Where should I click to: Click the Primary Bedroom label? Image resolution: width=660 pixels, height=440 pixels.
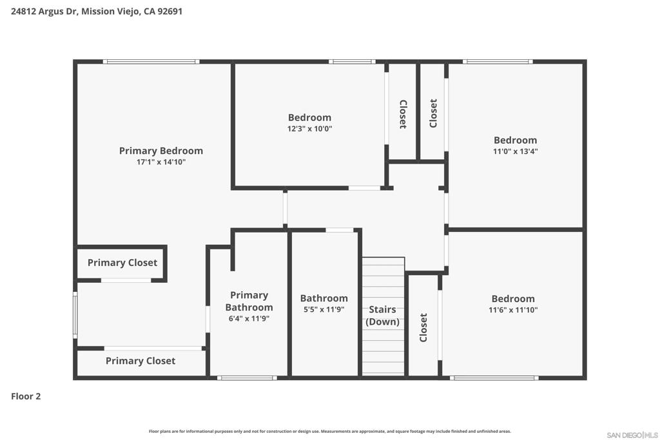coord(160,151)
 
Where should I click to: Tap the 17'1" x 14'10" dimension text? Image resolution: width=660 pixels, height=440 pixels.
coord(160,162)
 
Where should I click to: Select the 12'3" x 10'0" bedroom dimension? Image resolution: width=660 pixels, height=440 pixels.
coord(309,129)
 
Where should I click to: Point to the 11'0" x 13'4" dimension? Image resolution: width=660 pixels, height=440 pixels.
coord(515,151)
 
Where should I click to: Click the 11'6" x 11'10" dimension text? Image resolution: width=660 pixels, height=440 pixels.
coord(513,310)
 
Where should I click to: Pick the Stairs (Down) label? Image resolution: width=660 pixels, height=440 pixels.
coord(382,316)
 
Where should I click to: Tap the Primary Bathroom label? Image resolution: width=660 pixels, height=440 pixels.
coord(249,301)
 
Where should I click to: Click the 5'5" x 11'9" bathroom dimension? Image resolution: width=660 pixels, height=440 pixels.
coord(324,310)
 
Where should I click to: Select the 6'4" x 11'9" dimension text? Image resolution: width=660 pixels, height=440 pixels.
coord(249,319)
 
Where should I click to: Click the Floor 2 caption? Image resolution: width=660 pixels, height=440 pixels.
coord(26,396)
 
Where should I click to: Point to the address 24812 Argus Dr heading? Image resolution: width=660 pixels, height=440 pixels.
coord(97,12)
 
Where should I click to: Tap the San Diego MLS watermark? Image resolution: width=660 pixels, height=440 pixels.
coord(632,435)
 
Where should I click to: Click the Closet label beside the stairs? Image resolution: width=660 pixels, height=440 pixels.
coord(423,327)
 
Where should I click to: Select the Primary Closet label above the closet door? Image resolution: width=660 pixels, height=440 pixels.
coord(122,262)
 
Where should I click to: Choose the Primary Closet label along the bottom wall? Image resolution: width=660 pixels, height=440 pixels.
coord(140,361)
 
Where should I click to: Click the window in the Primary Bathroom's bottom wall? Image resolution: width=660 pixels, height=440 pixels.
coord(247,378)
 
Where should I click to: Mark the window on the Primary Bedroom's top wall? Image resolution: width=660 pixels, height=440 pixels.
coord(151,62)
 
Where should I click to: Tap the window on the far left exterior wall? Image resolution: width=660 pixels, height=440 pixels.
coord(75,315)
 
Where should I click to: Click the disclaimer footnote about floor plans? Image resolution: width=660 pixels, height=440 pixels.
coord(329,431)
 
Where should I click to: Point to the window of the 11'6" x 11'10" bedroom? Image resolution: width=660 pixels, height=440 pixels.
coord(494,378)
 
